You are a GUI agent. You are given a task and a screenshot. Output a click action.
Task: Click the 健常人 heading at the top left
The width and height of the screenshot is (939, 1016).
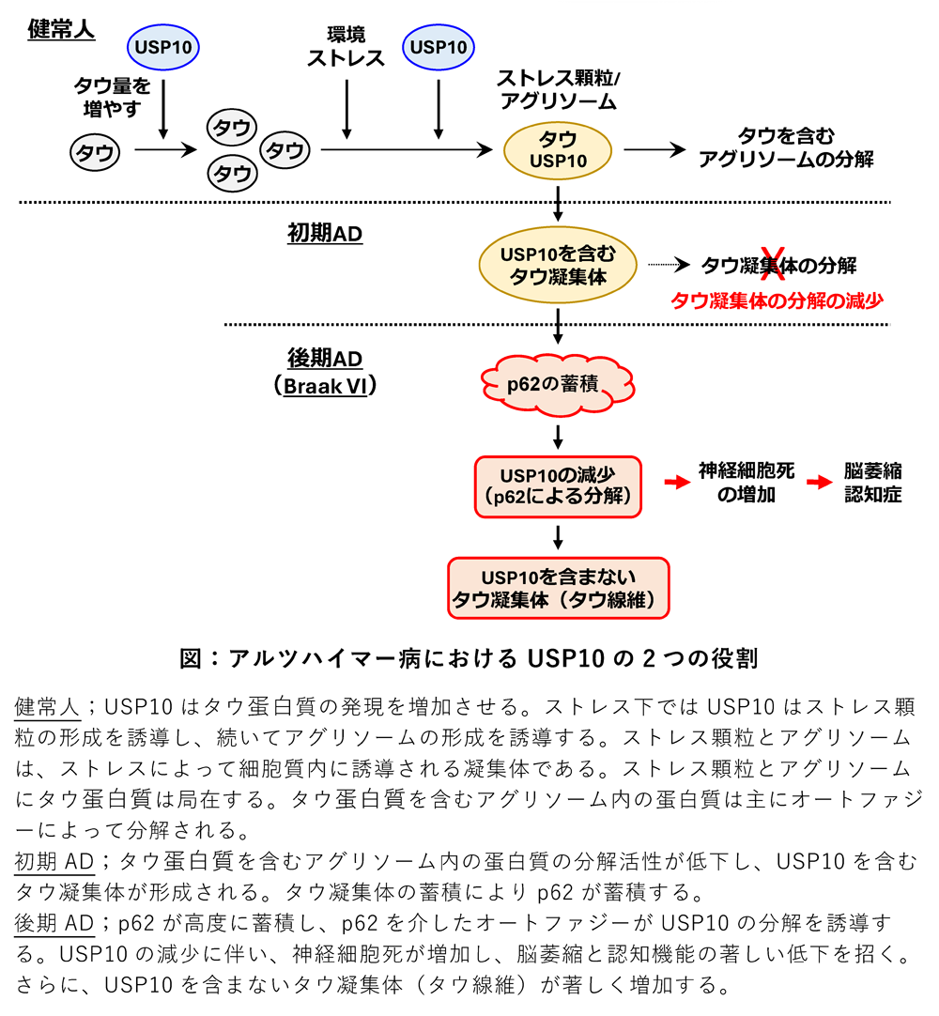[61, 29]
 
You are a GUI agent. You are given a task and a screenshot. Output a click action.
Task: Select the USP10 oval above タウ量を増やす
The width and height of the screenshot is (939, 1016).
[163, 46]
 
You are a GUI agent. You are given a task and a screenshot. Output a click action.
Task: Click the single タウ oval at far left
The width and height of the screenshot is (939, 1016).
[94, 153]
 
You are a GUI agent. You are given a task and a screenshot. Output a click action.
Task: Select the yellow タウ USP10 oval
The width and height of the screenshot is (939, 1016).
[558, 149]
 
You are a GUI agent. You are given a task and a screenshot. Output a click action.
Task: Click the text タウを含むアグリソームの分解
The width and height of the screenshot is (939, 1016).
[786, 147]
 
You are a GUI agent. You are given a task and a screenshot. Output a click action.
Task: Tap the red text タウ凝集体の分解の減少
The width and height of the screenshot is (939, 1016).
[777, 300]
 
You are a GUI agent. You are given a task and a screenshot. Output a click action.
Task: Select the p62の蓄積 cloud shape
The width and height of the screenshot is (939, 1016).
[558, 385]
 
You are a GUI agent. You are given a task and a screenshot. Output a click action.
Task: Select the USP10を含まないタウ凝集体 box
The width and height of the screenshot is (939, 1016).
[558, 588]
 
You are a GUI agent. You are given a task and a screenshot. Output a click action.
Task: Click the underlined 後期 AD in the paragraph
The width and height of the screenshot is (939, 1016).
[54, 923]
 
